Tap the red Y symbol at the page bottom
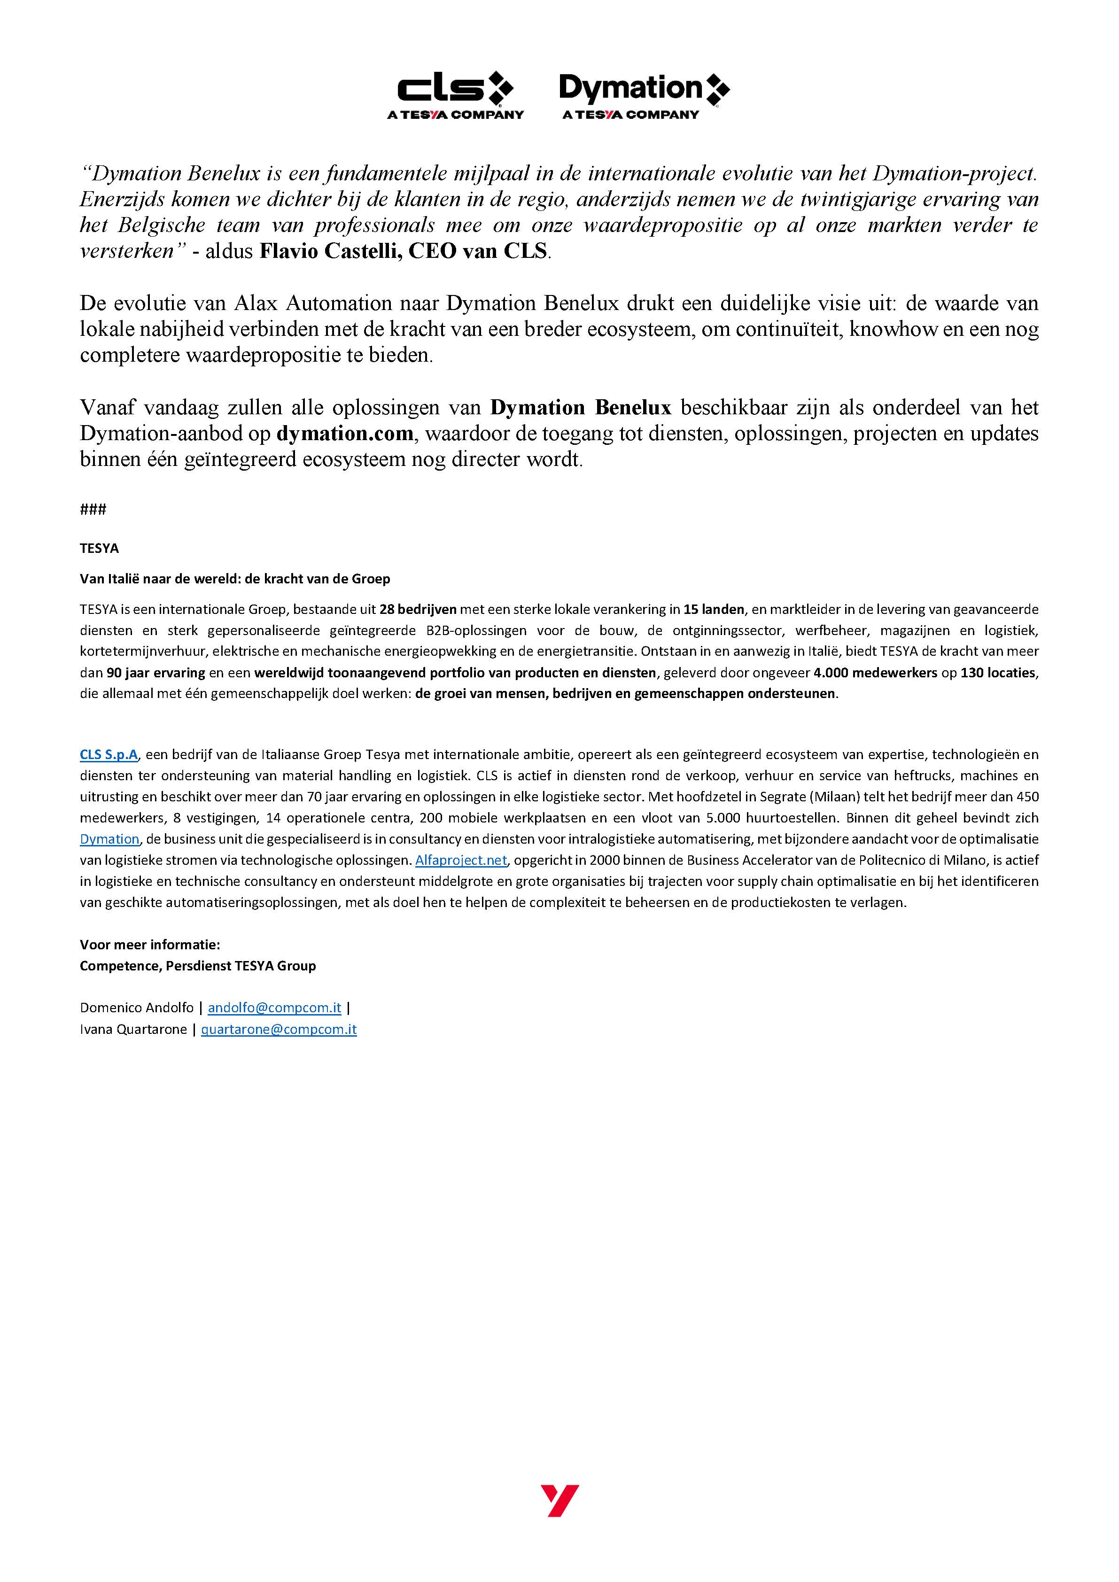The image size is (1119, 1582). click(x=559, y=1500)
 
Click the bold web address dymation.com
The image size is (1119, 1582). click(x=345, y=434)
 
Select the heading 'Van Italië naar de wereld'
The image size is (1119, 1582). click(x=235, y=579)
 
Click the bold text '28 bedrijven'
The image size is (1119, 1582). click(x=418, y=609)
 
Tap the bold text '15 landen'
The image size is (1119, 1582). click(x=714, y=609)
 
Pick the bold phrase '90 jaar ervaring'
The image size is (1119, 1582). click(x=155, y=673)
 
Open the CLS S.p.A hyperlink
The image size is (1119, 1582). click(x=109, y=754)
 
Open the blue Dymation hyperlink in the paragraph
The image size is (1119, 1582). click(x=109, y=839)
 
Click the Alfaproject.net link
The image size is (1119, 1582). click(x=461, y=860)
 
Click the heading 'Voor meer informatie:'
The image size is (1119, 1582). click(x=149, y=945)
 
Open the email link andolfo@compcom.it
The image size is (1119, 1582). click(x=274, y=1008)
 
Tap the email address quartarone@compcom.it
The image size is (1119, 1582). click(x=279, y=1030)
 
